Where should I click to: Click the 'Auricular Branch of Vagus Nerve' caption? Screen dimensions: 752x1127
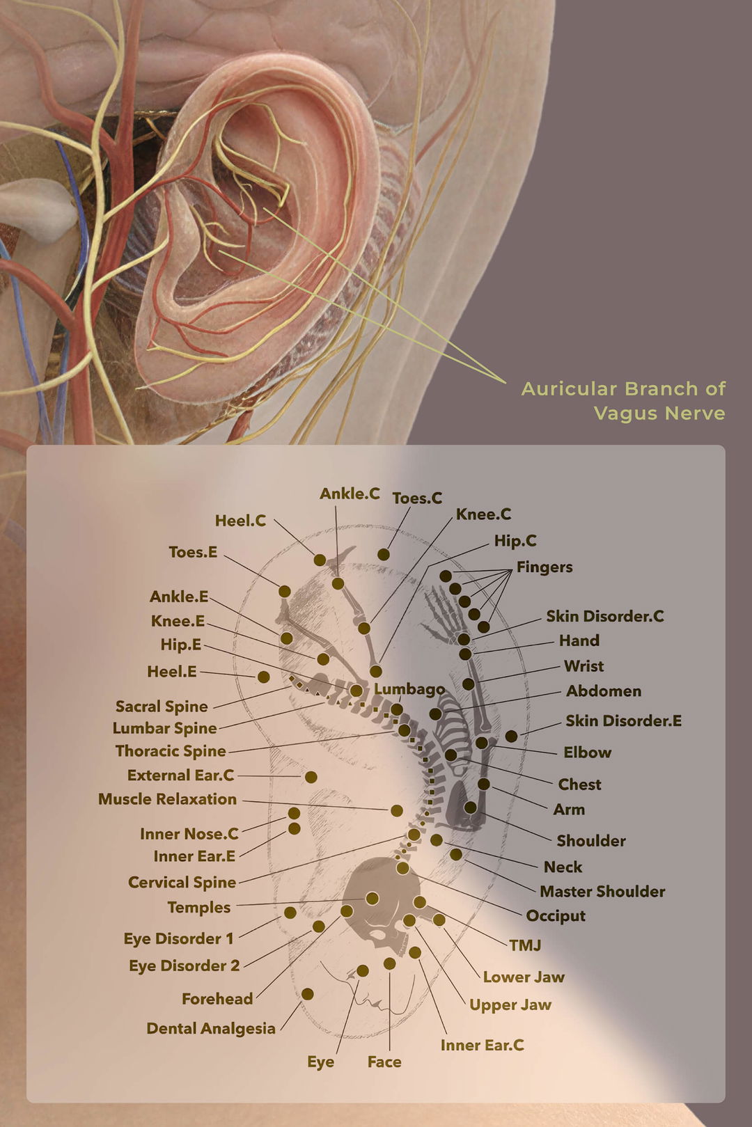(x=623, y=401)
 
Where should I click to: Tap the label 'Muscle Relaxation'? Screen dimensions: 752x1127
(x=167, y=799)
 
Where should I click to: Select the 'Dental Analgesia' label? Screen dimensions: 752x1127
(x=211, y=1029)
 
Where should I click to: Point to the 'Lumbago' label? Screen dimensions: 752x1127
(x=409, y=689)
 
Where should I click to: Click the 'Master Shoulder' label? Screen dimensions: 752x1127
(x=602, y=892)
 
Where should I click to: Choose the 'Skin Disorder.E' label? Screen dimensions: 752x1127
(x=624, y=720)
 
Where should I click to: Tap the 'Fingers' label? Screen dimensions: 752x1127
(x=545, y=567)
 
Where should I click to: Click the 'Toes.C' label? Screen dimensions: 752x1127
(x=417, y=498)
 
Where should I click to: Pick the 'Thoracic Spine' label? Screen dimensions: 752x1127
(x=171, y=750)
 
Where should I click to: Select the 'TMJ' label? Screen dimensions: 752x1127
(x=525, y=945)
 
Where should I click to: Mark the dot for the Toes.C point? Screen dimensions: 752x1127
(x=384, y=554)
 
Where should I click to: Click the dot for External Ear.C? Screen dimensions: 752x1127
(x=311, y=778)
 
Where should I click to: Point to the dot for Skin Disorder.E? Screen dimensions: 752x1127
(x=511, y=736)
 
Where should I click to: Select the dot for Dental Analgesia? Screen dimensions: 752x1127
(x=308, y=994)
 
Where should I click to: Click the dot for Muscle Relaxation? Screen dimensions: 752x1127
(x=397, y=810)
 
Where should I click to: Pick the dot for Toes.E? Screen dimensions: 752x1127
(x=284, y=591)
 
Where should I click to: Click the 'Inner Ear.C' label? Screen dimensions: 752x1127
(x=483, y=1046)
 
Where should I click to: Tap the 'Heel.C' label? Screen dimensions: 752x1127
(x=241, y=521)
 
